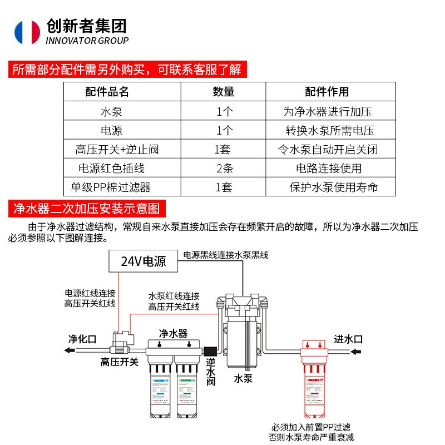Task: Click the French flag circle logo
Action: pyautogui.click(x=27, y=32)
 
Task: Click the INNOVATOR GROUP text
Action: pyautogui.click(x=87, y=41)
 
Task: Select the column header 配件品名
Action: pyautogui.click(x=107, y=92)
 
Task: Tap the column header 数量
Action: pyautogui.click(x=224, y=92)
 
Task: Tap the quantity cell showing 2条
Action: pyautogui.click(x=224, y=168)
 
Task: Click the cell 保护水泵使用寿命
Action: pyautogui.click(x=334, y=187)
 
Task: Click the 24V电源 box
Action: pyautogui.click(x=144, y=260)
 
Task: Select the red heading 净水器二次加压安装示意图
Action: pyautogui.click(x=86, y=209)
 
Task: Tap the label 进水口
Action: pyautogui.click(x=348, y=339)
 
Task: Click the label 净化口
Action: pyautogui.click(x=82, y=339)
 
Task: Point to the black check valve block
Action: pyautogui.click(x=212, y=351)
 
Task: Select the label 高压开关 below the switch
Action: pyautogui.click(x=119, y=363)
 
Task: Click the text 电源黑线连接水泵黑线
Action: pyautogui.click(x=226, y=255)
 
